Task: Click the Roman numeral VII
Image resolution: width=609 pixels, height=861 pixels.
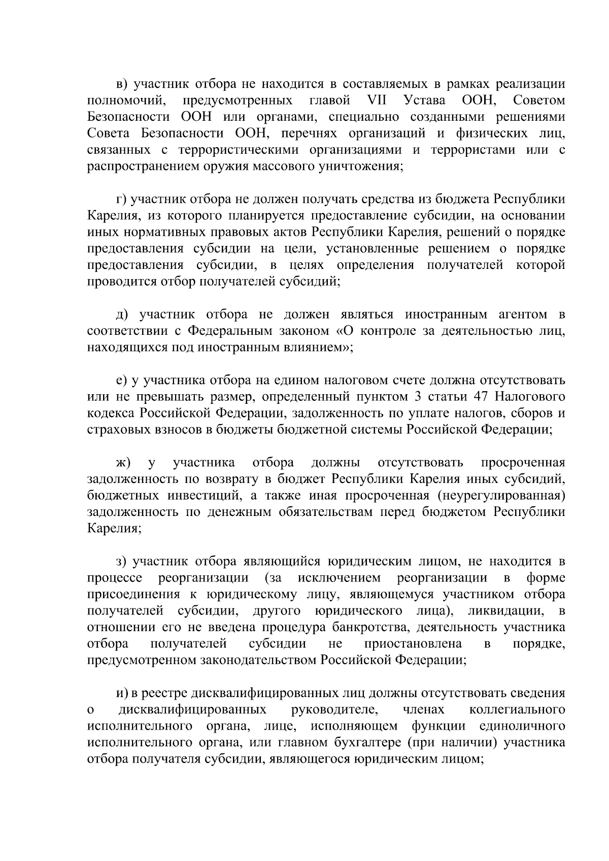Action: [376, 100]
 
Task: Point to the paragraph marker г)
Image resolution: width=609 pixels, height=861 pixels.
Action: [121, 199]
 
